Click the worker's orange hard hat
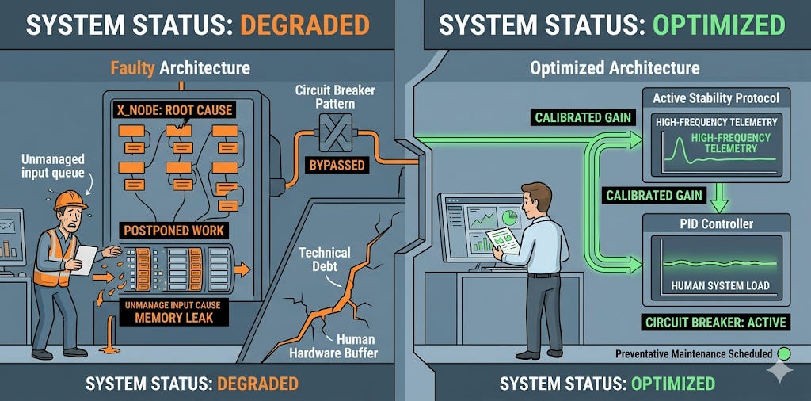click(x=70, y=200)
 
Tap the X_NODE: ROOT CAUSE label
click(x=173, y=110)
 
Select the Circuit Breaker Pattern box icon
click(x=335, y=132)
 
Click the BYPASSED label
click(x=337, y=166)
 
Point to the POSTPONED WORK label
click(x=173, y=231)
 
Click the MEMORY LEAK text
click(x=173, y=317)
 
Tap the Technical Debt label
click(x=325, y=260)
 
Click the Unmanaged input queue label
click(x=53, y=166)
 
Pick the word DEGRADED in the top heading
click(x=305, y=25)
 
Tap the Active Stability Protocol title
click(x=716, y=97)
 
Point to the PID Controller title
click(x=716, y=224)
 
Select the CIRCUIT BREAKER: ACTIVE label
click(x=716, y=323)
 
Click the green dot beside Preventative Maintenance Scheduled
click(x=785, y=354)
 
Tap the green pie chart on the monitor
click(x=509, y=217)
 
